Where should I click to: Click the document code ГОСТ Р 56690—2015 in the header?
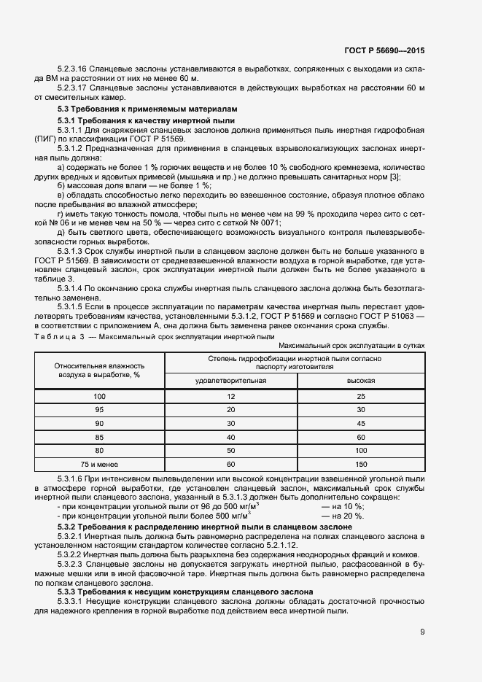click(384, 50)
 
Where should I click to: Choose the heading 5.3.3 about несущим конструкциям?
click(185, 592)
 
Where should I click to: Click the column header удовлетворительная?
click(231, 381)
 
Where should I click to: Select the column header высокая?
click(361, 381)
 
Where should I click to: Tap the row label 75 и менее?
click(100, 464)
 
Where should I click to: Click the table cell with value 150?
click(361, 464)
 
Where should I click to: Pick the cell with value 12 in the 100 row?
click(231, 395)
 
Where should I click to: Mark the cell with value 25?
click(361, 395)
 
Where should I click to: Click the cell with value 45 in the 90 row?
click(361, 423)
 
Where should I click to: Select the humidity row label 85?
click(100, 437)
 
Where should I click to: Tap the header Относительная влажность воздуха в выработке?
click(100, 370)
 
